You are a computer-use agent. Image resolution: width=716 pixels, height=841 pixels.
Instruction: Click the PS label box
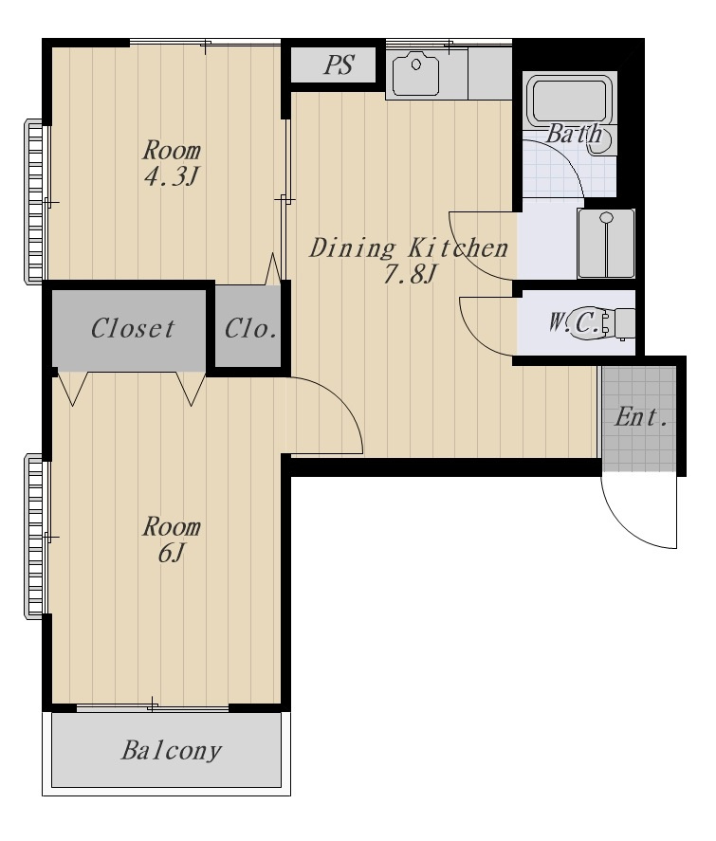pyautogui.click(x=333, y=64)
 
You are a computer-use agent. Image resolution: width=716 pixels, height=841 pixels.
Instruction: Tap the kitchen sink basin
pyautogui.click(x=415, y=73)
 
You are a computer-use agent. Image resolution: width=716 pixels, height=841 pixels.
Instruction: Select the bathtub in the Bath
pyautogui.click(x=569, y=101)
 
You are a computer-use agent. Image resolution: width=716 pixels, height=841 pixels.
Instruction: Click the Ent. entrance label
pyautogui.click(x=641, y=417)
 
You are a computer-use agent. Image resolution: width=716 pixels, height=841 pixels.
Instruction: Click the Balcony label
pyautogui.click(x=171, y=751)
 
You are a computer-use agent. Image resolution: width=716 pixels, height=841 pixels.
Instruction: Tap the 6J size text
pyautogui.click(x=171, y=553)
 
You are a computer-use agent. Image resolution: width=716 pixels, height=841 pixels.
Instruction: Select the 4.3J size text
pyautogui.click(x=171, y=176)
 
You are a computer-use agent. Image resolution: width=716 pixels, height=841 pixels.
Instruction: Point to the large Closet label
pyautogui.click(x=132, y=328)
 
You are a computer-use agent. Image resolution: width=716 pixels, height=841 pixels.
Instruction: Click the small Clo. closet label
pyautogui.click(x=250, y=328)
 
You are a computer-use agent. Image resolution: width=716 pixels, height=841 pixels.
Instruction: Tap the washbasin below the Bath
pyautogui.click(x=606, y=243)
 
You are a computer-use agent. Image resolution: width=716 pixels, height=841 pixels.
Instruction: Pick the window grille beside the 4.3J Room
pyautogui.click(x=33, y=201)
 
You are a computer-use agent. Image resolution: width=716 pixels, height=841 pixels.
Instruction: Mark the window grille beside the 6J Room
pyautogui.click(x=33, y=537)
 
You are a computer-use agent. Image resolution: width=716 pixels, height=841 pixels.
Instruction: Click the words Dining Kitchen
pyautogui.click(x=409, y=248)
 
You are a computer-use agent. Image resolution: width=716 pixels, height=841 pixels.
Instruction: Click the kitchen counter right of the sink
pyautogui.click(x=489, y=73)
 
